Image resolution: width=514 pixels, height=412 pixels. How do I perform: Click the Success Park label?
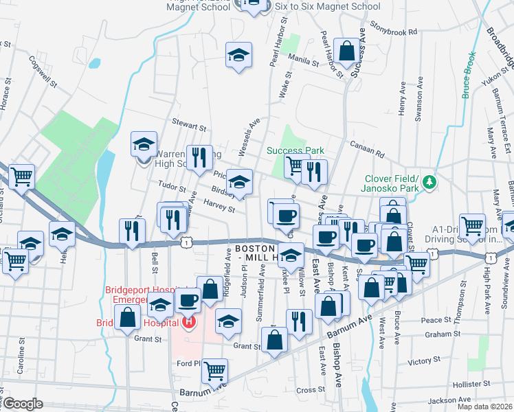point(295,150)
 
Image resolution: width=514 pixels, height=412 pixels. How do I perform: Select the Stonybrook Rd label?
point(394,32)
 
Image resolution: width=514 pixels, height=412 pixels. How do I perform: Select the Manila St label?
point(304,60)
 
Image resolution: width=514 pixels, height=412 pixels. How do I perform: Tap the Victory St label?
point(424,361)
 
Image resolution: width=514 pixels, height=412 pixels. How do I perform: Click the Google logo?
point(23,404)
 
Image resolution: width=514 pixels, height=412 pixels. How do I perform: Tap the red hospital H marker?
point(188,321)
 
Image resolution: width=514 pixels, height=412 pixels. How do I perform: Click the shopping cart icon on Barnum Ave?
point(215,371)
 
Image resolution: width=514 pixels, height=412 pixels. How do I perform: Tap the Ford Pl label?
point(187,364)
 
